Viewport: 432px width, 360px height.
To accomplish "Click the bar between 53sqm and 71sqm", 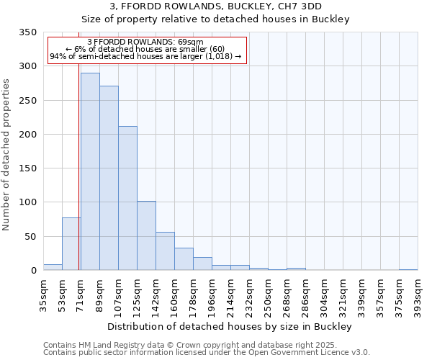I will (71, 244).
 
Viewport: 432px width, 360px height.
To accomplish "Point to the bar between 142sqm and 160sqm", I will (165, 251).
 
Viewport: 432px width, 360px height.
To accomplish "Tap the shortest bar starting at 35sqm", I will (53, 267).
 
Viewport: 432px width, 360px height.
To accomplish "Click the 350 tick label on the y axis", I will (28, 32).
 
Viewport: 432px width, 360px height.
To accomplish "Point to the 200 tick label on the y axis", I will (28, 135).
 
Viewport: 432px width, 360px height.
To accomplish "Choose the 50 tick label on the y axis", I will (31, 237).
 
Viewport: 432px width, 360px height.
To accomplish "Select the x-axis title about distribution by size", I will (230, 326).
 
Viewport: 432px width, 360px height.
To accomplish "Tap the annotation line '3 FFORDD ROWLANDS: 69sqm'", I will (145, 42).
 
